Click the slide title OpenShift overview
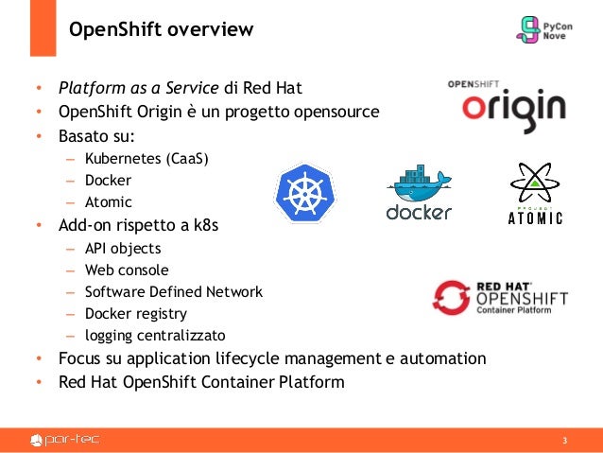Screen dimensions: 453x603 click(161, 30)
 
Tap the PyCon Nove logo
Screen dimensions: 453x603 click(543, 29)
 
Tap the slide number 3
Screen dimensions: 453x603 click(564, 442)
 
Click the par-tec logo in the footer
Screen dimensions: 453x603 click(66, 440)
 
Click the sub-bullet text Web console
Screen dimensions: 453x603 click(129, 270)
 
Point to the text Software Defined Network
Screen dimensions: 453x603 click(174, 292)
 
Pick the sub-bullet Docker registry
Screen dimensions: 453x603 click(136, 313)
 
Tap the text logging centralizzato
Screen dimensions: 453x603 click(155, 335)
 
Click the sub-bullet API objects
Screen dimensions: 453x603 click(123, 249)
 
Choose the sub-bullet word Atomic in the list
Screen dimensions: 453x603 click(109, 201)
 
